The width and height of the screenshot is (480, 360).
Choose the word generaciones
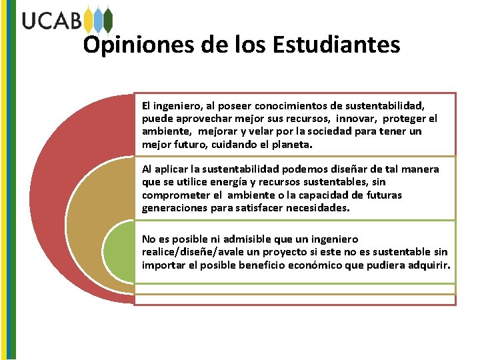pyautogui.click(x=173, y=208)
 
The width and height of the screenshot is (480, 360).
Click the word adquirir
pyautogui.click(x=429, y=265)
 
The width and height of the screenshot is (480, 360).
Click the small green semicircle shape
pyautogui.click(x=120, y=253)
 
